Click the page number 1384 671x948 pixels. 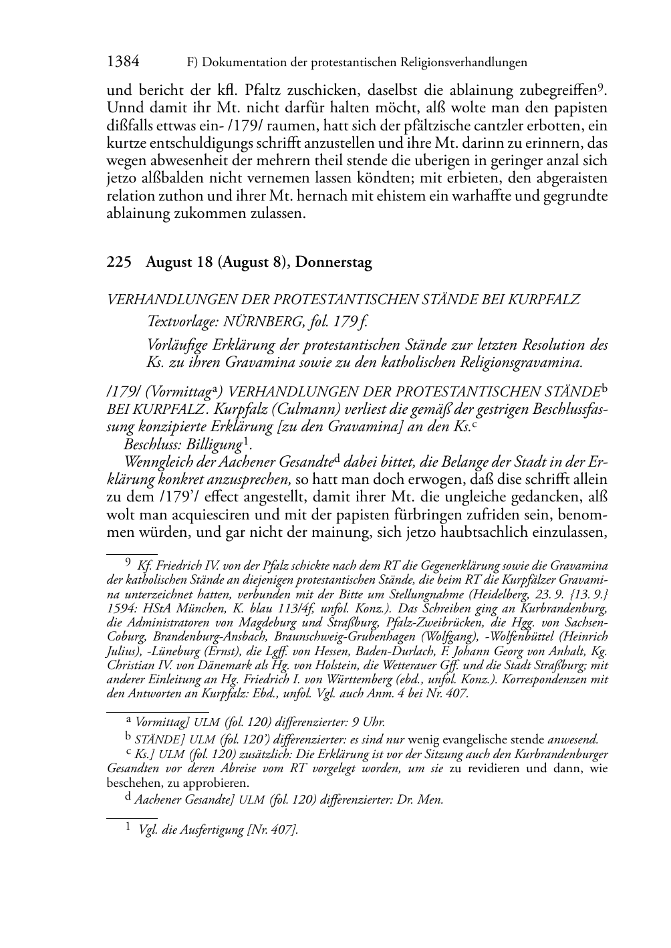pyautogui.click(x=123, y=62)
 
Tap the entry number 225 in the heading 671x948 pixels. pyautogui.click(x=117, y=263)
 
